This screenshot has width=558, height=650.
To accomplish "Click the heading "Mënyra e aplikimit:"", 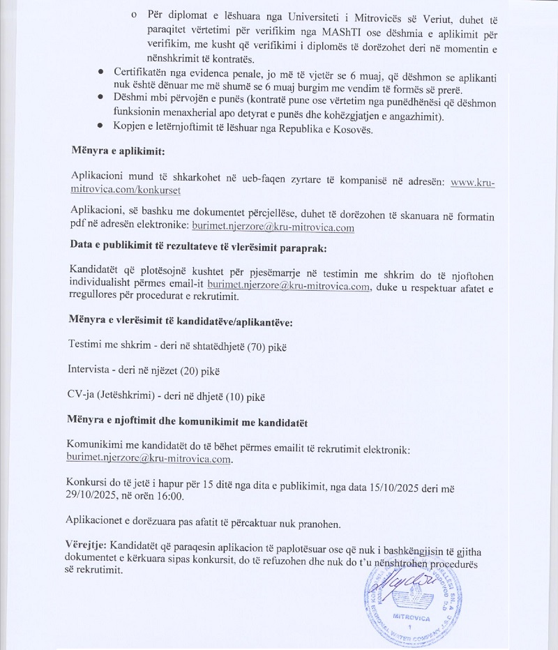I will coord(118,151).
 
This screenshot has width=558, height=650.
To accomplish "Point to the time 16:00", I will coord(169,496).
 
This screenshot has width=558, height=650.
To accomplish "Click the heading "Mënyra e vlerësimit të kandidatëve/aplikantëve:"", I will coord(181,322).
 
